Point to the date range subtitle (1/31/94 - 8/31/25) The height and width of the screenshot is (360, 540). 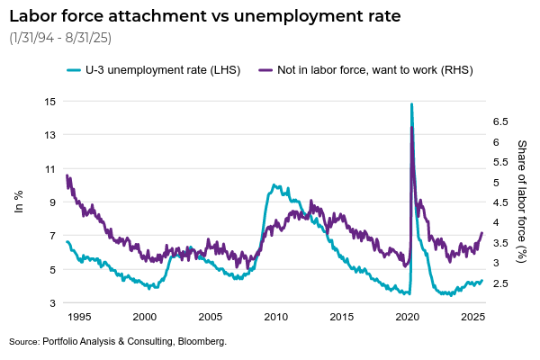59,40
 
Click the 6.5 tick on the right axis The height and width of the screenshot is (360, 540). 500,121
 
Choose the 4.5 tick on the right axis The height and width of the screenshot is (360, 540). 500,202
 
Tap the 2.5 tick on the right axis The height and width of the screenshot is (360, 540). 500,283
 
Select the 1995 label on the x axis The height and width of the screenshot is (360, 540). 79,318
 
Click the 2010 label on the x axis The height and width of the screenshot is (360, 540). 275,318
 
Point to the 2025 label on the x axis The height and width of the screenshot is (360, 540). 472,318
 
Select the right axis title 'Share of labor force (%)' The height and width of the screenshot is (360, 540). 522,202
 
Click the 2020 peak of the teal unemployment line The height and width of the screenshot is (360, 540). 411,104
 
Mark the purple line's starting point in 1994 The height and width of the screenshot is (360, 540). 67,175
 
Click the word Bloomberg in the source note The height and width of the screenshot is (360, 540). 201,342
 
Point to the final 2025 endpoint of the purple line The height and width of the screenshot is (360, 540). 482,233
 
